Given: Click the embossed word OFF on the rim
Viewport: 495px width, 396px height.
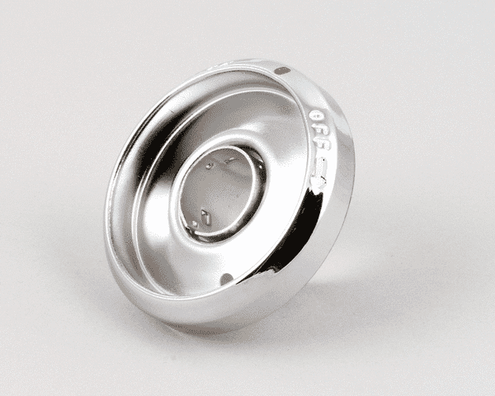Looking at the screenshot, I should [318, 132].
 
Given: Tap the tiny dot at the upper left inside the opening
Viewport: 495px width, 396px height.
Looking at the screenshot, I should [211, 166].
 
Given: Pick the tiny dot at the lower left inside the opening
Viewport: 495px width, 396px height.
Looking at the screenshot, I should [192, 222].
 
